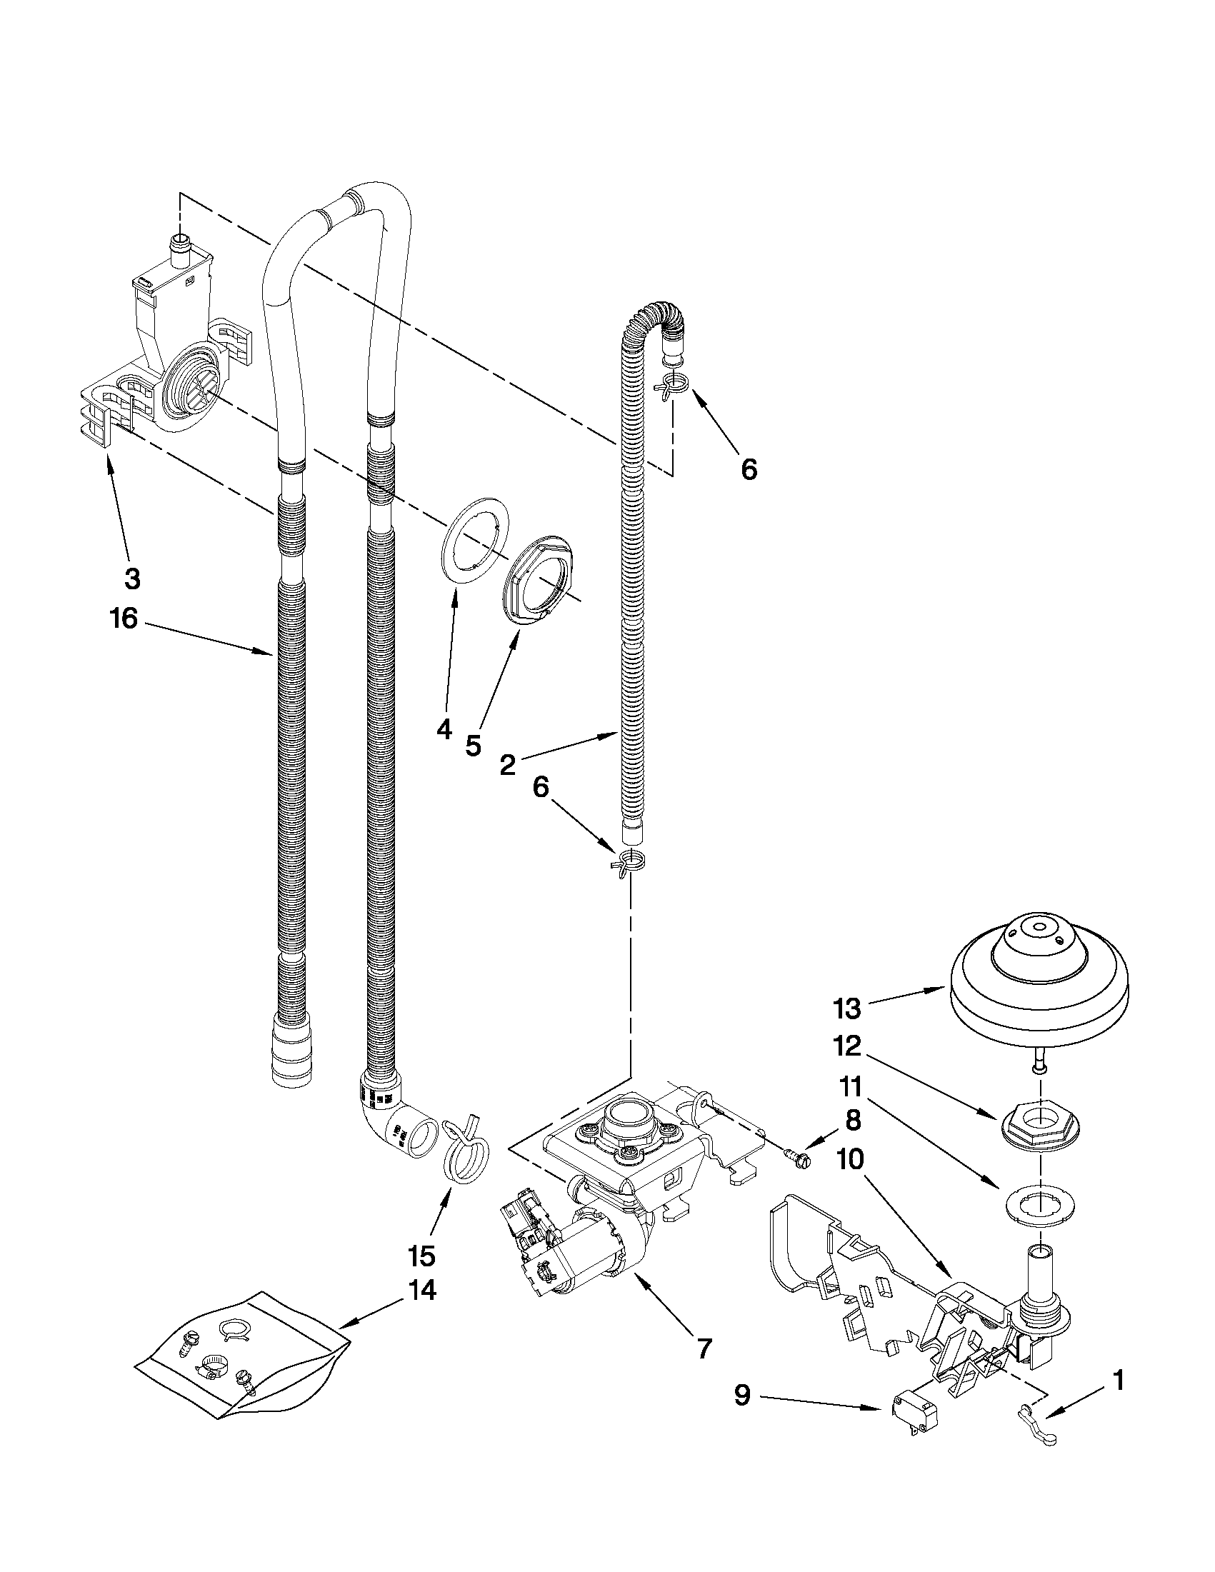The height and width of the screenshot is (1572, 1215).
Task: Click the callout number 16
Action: click(124, 618)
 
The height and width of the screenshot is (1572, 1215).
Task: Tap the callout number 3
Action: click(131, 578)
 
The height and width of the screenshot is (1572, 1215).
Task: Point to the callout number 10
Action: click(849, 1159)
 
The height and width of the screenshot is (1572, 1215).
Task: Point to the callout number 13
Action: click(847, 1008)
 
